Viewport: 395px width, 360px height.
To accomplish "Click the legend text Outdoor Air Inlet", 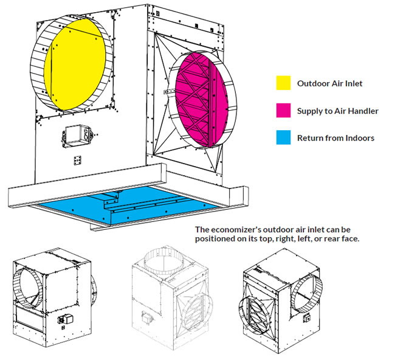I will pyautogui.click(x=329, y=83).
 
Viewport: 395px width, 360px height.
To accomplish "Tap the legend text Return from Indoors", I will pyautogui.click(x=335, y=138).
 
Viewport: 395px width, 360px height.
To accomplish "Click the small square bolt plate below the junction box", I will pyautogui.click(x=78, y=160).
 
